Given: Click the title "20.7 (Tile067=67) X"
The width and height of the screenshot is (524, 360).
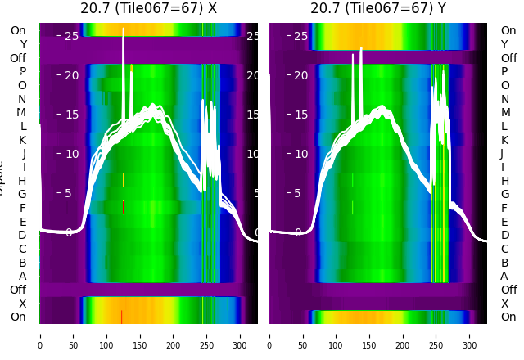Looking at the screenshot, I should click(x=148, y=9).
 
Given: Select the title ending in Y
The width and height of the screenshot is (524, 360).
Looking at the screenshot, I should click(x=378, y=9).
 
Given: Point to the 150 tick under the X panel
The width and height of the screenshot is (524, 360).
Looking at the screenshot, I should click(x=140, y=335).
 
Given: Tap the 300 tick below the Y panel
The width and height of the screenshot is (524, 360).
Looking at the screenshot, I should click(x=470, y=335).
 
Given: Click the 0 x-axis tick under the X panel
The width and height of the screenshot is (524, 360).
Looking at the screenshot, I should click(x=40, y=335).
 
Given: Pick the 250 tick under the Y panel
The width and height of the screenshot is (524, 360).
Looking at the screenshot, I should click(x=436, y=335).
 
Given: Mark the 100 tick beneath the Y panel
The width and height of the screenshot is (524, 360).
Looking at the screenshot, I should click(x=337, y=335).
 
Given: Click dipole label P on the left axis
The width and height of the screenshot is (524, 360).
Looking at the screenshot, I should click(x=23, y=72).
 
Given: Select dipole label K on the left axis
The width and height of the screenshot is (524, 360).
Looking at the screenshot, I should click(x=23, y=140).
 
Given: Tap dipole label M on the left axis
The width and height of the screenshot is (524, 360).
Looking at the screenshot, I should click(x=22, y=113).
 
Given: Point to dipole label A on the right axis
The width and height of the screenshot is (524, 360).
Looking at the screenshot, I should click(x=504, y=276).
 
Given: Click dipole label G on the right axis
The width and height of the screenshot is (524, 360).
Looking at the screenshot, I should click(x=505, y=194).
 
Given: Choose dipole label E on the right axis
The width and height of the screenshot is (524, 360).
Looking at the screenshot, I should click(x=504, y=222).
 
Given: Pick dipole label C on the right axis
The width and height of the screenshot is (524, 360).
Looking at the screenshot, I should click(x=504, y=249).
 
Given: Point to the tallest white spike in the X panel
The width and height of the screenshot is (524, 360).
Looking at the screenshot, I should click(x=124, y=30).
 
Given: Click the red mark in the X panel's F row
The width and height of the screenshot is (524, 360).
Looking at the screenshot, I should click(x=123, y=208).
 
